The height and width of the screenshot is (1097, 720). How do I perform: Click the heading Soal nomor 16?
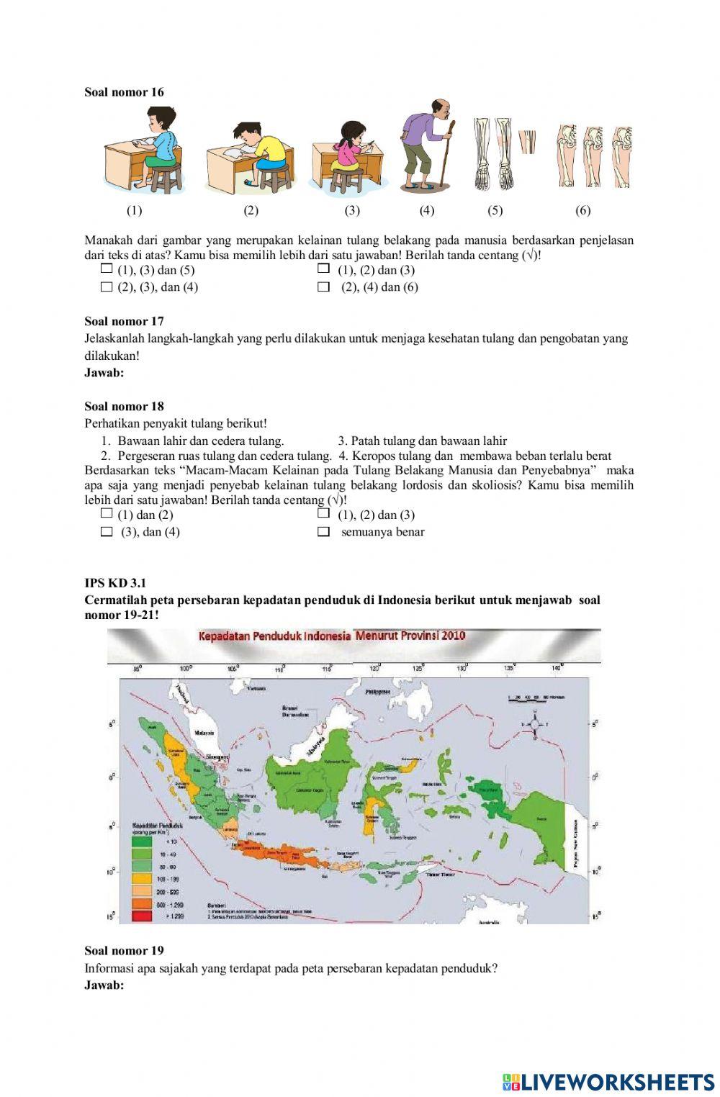pos(124,92)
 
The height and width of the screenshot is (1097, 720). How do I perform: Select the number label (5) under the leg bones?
pos(495,211)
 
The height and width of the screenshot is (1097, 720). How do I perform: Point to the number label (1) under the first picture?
pos(135,211)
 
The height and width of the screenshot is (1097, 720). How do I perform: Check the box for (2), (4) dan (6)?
pos(323,287)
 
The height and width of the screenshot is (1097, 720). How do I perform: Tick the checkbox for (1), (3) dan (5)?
pos(107,269)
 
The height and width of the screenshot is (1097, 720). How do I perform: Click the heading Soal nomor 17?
pos(124,322)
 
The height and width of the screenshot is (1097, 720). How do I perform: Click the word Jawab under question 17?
pos(104,373)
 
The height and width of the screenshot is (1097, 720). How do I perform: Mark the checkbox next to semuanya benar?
pos(323,532)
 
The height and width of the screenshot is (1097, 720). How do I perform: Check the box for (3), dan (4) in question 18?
pos(107,532)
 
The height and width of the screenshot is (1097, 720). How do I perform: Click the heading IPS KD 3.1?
pos(115,583)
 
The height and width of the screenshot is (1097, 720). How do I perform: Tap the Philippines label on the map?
pos(377,691)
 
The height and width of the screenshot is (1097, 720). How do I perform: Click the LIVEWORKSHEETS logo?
pos(608,1081)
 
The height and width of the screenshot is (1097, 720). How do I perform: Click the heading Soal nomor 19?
pos(124,951)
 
